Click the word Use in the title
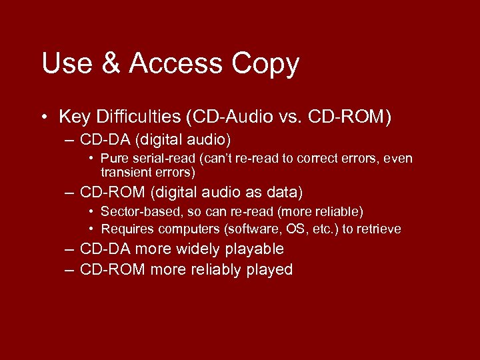click(64, 64)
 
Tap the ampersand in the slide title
click(108, 64)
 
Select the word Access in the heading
click(175, 64)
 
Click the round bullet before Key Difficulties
click(43, 118)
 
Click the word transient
click(125, 172)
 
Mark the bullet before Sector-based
click(91, 212)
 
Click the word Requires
click(125, 229)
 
